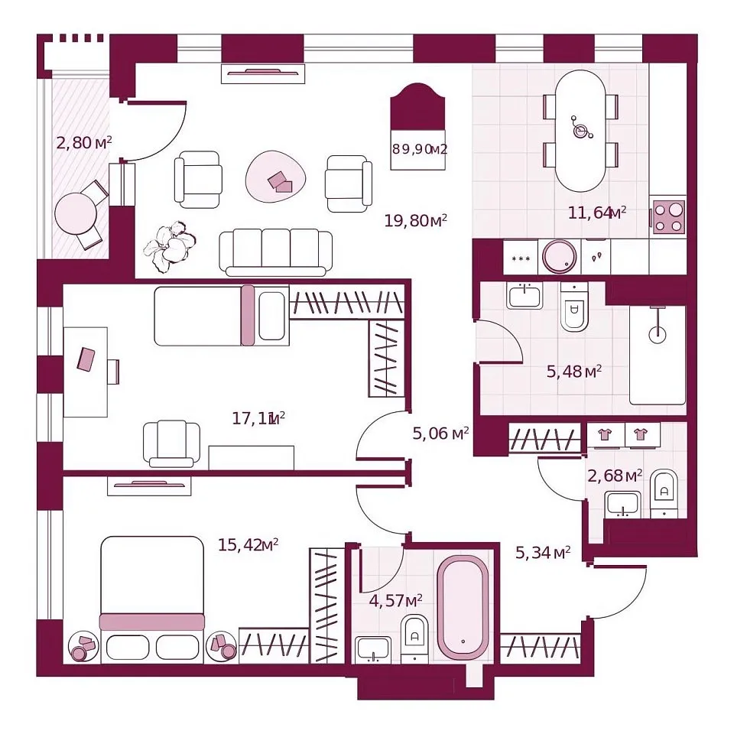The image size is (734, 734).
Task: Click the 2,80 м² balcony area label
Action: (84, 142)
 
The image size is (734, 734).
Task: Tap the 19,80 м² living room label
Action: (416, 220)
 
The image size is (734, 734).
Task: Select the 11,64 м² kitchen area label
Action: (597, 213)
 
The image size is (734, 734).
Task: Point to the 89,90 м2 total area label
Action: (420, 149)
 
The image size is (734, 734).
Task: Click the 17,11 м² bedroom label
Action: (259, 418)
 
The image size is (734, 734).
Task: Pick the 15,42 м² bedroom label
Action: (248, 545)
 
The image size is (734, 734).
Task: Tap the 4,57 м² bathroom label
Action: (396, 600)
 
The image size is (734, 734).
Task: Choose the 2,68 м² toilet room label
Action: (615, 476)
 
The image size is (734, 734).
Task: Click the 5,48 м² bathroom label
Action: (574, 372)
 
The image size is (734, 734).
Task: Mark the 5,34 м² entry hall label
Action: (543, 552)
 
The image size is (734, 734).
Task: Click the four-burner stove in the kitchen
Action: (668, 217)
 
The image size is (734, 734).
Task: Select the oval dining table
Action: (580, 131)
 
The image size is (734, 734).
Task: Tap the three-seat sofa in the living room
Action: (276, 252)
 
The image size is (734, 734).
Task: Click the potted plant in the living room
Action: (169, 247)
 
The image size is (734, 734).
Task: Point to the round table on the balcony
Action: (76, 214)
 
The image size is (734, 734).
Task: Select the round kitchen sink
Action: (559, 257)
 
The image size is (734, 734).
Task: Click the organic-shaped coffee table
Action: (276, 177)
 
